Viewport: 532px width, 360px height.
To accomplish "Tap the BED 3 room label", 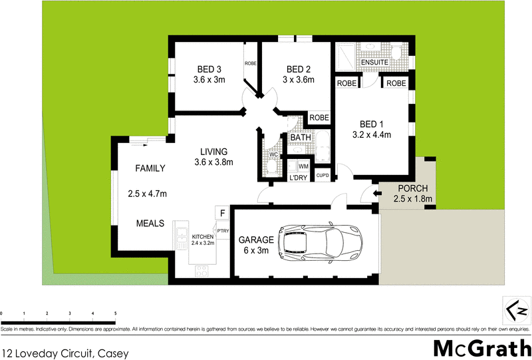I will [209, 69].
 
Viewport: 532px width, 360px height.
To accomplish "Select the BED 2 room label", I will [299, 69].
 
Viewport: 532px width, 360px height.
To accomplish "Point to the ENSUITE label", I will [374, 63].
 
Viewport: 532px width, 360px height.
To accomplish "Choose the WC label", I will [273, 155].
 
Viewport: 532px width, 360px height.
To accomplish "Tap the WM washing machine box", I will [303, 166].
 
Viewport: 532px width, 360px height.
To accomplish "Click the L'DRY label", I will [297, 178].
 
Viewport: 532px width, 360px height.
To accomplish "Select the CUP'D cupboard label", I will [323, 176].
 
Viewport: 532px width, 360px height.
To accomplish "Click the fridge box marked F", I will [222, 213].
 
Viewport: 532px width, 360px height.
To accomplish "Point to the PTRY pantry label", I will [222, 231].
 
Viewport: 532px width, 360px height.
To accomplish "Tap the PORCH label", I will [413, 188].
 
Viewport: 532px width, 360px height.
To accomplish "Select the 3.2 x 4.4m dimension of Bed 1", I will [371, 135].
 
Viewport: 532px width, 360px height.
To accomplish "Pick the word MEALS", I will [150, 224].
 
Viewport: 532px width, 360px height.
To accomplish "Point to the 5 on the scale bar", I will [115, 313].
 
